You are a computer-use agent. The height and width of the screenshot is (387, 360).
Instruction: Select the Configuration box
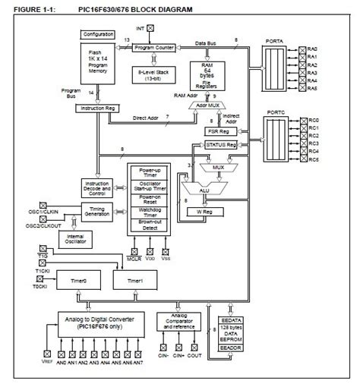99,35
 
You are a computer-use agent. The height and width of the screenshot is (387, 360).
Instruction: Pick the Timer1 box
134,280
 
